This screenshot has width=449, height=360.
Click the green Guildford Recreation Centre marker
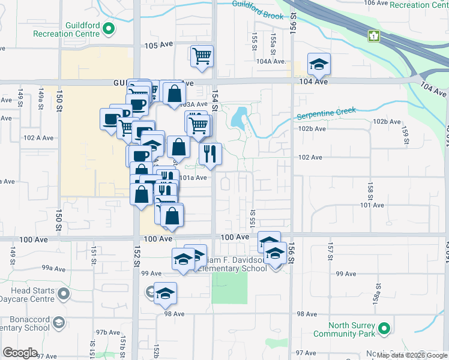coord(109,28)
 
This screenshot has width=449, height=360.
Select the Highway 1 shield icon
coord(375,36)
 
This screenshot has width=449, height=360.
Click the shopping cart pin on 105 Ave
coord(202,56)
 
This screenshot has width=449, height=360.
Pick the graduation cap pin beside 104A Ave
coord(319,64)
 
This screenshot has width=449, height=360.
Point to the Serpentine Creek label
coord(326,113)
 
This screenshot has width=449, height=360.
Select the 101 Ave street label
coord(372,205)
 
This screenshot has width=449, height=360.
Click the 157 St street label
coord(330,251)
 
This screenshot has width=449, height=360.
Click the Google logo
coord(20,353)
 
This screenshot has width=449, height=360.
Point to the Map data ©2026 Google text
coord(412,355)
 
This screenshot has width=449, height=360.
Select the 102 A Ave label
coord(38,137)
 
